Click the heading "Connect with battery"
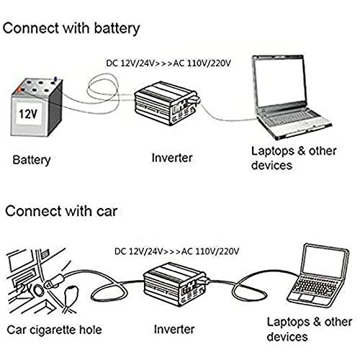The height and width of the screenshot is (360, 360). click(x=71, y=29)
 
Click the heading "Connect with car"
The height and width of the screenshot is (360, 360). click(x=61, y=211)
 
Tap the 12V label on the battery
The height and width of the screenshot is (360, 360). click(x=28, y=114)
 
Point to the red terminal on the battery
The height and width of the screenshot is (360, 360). click(x=19, y=89)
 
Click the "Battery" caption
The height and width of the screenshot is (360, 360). click(x=32, y=160)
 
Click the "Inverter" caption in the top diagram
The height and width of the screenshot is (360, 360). click(x=172, y=158)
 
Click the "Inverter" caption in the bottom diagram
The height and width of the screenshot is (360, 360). click(x=174, y=329)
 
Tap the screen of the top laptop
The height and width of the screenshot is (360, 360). click(x=280, y=81)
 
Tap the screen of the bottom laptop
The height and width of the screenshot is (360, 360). click(x=324, y=261)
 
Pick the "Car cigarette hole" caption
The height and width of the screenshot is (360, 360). click(x=54, y=330)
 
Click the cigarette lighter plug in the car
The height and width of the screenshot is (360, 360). click(x=54, y=282)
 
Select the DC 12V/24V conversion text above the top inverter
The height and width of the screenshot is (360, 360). click(x=168, y=63)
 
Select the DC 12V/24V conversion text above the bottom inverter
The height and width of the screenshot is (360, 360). click(x=176, y=251)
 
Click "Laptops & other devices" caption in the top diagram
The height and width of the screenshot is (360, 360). click(x=294, y=158)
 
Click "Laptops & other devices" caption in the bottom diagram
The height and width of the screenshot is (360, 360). click(x=310, y=329)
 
